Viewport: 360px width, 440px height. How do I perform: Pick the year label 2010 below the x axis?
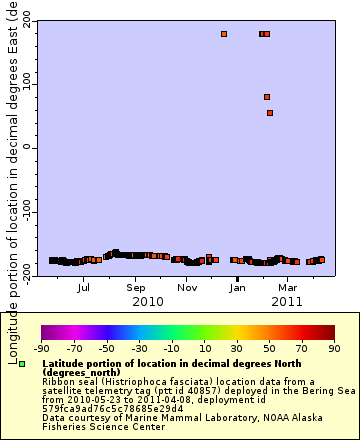coord(148,301)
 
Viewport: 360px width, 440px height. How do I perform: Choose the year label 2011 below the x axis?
coord(286,301)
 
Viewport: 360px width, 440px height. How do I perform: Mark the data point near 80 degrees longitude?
coord(267,97)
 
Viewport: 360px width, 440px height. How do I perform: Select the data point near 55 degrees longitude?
coord(270,113)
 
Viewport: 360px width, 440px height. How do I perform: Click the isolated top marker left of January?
coord(224,34)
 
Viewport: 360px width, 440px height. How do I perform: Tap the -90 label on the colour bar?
coord(41,348)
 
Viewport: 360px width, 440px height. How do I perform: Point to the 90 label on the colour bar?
coord(334,348)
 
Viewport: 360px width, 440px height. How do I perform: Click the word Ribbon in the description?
coord(59,382)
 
